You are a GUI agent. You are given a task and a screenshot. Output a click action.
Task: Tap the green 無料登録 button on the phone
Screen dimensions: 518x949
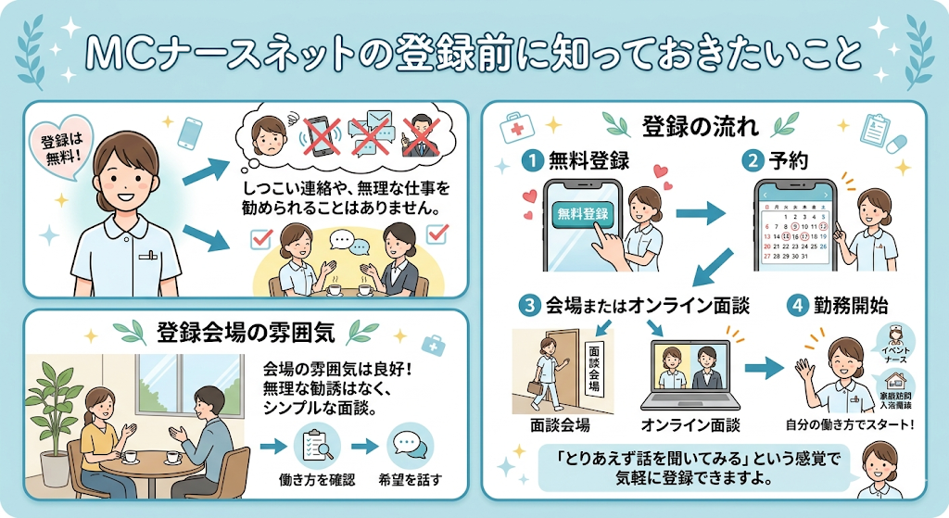(584, 214)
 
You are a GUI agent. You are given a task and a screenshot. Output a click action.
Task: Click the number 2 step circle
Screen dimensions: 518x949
(753, 160)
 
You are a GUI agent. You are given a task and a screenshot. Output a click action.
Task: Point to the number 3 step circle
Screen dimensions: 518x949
(528, 304)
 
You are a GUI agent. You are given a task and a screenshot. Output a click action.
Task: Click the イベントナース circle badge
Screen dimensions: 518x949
(899, 341)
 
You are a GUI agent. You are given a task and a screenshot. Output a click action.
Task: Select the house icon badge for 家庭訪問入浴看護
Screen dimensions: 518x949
(897, 389)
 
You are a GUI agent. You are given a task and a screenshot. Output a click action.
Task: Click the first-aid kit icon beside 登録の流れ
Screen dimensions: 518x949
(514, 127)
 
